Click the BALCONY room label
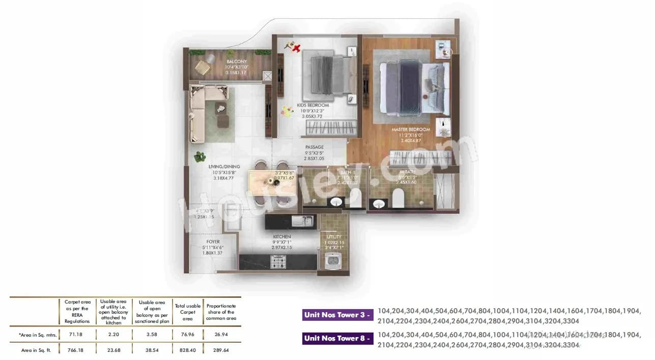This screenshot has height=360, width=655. point(236,62)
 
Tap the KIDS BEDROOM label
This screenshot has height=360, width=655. point(313,105)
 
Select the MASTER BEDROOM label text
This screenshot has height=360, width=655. point(411,130)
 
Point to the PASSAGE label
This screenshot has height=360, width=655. point(314,148)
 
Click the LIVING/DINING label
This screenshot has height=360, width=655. point(223,167)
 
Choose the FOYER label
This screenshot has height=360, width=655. point(213,242)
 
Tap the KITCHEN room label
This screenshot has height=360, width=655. point(281,237)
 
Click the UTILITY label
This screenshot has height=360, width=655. point(334,237)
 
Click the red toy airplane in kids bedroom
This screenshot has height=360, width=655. point(295,48)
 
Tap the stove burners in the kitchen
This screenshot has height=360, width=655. point(277,262)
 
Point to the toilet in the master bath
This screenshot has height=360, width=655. point(397,198)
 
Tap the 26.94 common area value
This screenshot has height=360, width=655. point(221,335)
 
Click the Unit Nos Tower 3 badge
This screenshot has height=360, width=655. point(338,315)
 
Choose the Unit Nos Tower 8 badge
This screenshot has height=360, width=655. point(338,338)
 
